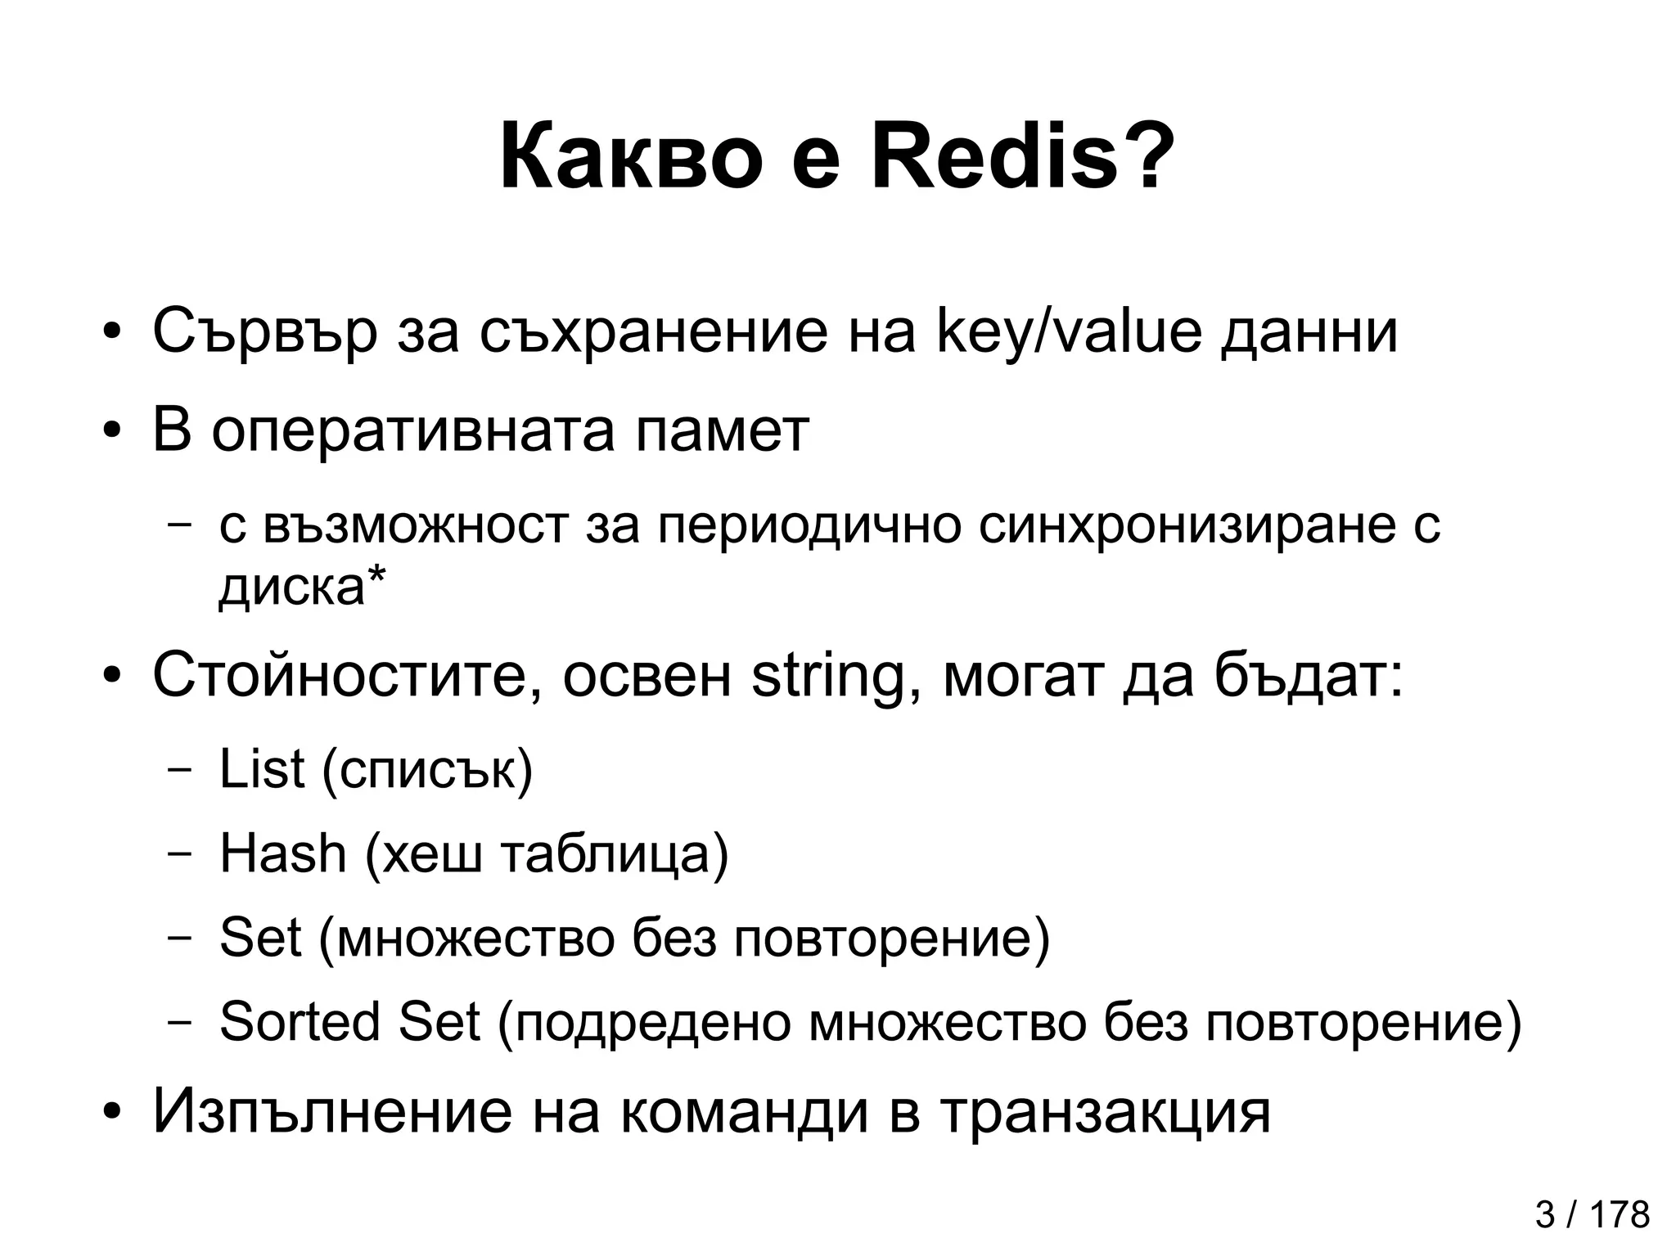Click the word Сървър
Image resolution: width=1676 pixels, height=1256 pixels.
point(264,334)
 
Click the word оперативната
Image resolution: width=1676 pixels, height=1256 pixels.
point(413,432)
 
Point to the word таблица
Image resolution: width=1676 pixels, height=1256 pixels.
point(614,855)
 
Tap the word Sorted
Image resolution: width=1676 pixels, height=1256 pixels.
point(300,1022)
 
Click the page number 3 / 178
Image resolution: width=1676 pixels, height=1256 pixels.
point(1592,1215)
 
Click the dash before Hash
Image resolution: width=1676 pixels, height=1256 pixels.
point(178,854)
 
